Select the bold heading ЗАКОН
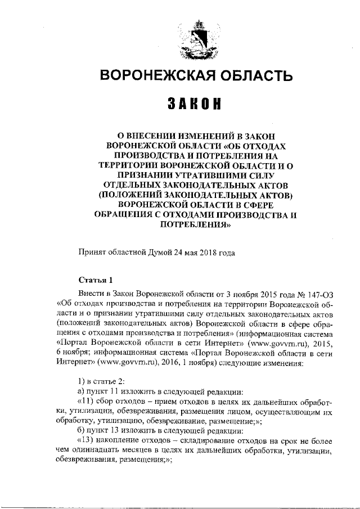coord(193,105)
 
